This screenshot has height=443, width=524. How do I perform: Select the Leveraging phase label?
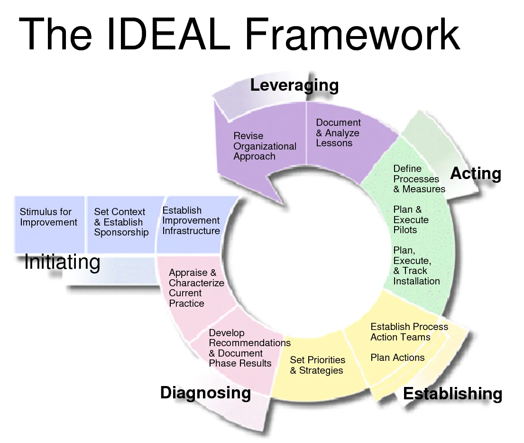(294, 85)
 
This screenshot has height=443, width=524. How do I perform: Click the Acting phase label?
(475, 173)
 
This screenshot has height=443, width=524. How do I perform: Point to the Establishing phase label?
(452, 394)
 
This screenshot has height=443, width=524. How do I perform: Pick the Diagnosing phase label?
(205, 393)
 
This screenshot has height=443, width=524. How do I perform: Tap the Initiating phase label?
(62, 262)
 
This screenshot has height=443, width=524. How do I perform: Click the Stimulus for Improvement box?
(48, 217)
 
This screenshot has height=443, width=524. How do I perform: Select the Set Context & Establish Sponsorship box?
(121, 222)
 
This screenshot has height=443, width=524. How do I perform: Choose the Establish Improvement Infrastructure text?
(191, 220)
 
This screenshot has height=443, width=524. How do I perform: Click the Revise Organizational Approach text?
(265, 146)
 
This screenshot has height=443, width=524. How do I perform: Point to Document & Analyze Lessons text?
(338, 132)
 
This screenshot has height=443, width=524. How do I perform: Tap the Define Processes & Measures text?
(419, 179)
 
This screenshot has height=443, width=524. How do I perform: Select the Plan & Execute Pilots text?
(411, 219)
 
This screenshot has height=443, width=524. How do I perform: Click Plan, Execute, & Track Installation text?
(416, 265)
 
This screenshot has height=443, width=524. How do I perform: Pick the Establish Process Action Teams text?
(409, 331)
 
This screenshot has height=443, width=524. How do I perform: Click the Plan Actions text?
(397, 358)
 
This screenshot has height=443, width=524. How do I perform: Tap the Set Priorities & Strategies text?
(317, 365)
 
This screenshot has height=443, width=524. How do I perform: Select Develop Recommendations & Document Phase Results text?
(249, 348)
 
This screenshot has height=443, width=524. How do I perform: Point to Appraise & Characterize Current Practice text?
(196, 288)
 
